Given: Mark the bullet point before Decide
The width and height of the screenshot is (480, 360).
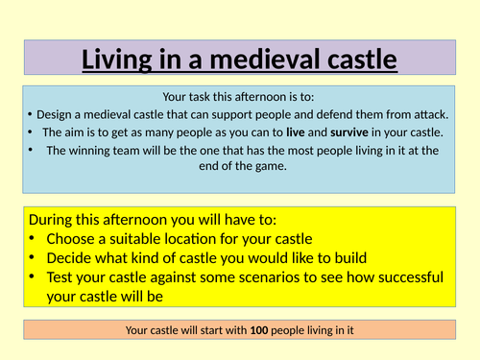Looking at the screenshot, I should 34,258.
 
